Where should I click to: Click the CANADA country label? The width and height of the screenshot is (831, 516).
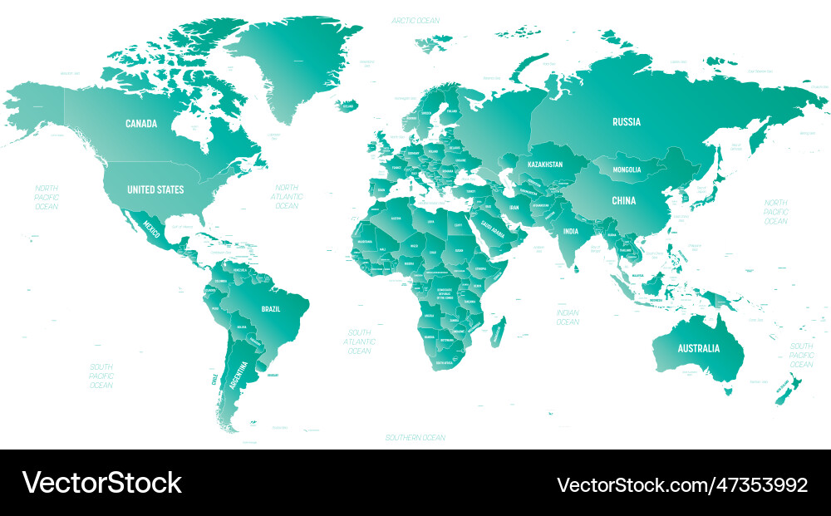(141, 124)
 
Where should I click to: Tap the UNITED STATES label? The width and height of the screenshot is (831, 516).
(155, 189)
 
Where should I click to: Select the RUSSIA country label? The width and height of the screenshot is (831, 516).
(627, 121)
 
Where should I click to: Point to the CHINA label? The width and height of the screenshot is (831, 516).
(624, 200)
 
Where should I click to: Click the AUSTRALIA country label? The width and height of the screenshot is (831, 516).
(698, 348)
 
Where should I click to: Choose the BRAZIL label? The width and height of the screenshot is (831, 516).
(271, 308)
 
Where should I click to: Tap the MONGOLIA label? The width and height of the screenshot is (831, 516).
(627, 170)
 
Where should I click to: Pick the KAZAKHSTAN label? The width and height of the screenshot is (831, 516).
(544, 165)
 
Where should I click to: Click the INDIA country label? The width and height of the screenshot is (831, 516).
(570, 232)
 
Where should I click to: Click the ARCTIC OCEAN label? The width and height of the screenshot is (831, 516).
(415, 20)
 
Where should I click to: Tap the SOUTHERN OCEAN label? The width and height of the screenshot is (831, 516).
(415, 437)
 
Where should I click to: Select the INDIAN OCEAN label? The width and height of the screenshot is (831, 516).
(568, 317)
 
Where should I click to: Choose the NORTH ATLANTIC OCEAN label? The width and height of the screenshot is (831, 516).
(287, 196)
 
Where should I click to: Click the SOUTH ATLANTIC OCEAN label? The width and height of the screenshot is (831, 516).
(359, 341)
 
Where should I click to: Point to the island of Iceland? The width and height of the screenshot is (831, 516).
(347, 105)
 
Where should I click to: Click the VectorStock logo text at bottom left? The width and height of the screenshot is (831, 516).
(102, 484)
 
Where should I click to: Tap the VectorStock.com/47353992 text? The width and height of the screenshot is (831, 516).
(681, 484)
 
